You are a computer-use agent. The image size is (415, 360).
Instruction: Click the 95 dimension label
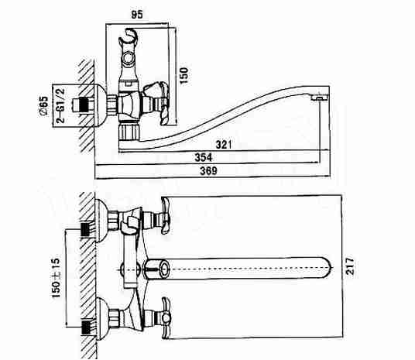[137, 14]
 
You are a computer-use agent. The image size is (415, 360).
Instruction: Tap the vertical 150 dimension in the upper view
[184, 76]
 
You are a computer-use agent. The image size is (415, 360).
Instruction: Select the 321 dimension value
[224, 145]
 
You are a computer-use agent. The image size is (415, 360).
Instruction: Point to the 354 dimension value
[204, 157]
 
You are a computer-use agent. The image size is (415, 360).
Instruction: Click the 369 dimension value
[208, 171]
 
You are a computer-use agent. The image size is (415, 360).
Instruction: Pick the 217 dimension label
[350, 266]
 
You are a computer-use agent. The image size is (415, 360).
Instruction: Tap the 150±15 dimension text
[57, 278]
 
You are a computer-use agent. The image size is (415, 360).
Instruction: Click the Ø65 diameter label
[43, 106]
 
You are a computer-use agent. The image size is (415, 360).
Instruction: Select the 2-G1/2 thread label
[60, 105]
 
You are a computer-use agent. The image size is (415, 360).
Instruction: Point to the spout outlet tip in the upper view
[320, 98]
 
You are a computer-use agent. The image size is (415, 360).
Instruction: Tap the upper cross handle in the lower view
[165, 217]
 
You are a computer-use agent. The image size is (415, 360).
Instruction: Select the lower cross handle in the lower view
[165, 317]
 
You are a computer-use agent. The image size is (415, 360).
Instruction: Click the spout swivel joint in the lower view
[157, 269]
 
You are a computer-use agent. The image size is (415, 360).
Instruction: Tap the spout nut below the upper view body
[129, 131]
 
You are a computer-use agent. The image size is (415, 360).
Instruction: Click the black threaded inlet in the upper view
[84, 105]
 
